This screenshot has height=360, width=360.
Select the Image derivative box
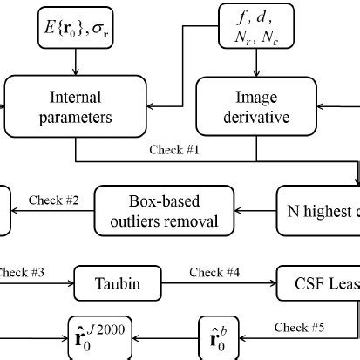pyautogui.click(x=255, y=105)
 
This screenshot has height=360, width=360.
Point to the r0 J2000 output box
pyautogui.click(x=99, y=336)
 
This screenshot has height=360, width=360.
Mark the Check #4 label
pyautogui.click(x=216, y=274)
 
